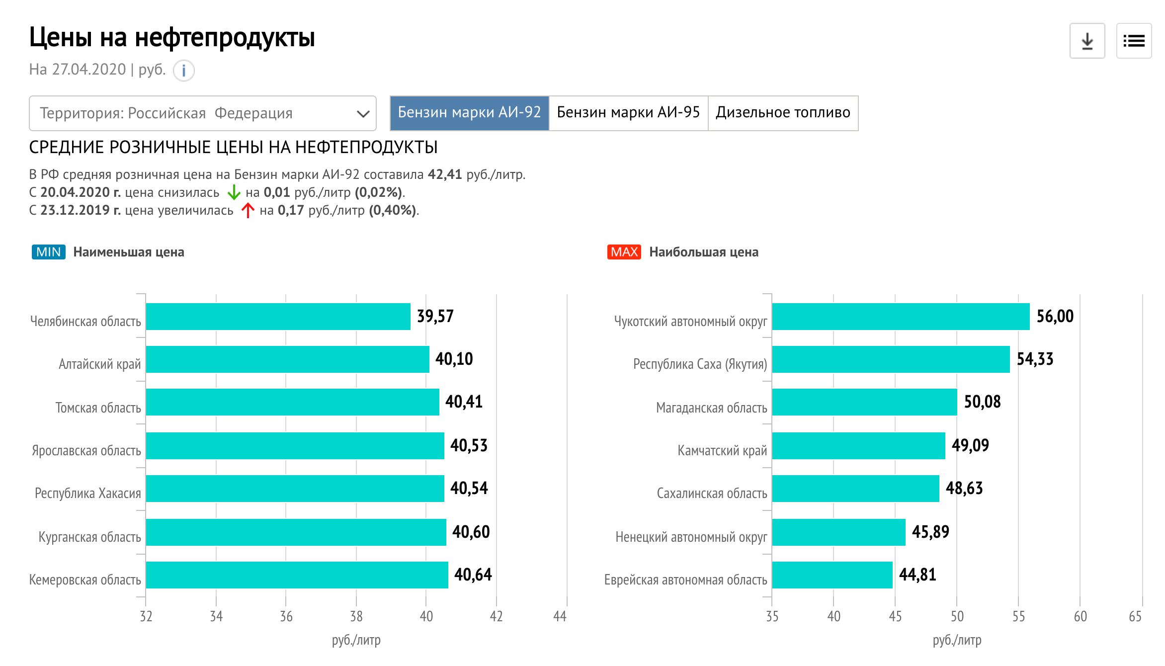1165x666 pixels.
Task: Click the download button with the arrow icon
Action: pyautogui.click(x=1087, y=41)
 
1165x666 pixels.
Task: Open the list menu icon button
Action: pyautogui.click(x=1134, y=41)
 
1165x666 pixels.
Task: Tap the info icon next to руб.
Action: pyautogui.click(x=183, y=71)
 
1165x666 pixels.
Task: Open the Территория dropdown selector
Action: pyautogui.click(x=202, y=113)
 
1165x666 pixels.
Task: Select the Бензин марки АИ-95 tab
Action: pyautogui.click(x=628, y=113)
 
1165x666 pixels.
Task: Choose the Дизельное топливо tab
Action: pyautogui.click(x=783, y=113)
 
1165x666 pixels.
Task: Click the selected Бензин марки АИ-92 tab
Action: pyautogui.click(x=469, y=113)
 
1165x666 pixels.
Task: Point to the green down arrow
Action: pyautogui.click(x=234, y=192)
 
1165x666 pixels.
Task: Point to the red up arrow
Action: pyautogui.click(x=248, y=210)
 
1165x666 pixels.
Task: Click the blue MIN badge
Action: pyautogui.click(x=48, y=252)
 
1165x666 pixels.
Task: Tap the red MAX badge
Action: pyautogui.click(x=624, y=252)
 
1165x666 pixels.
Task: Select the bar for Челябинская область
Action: pyautogui.click(x=278, y=317)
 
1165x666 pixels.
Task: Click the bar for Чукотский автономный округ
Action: pyautogui.click(x=901, y=317)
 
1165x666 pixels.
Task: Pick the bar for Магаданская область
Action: pyautogui.click(x=864, y=402)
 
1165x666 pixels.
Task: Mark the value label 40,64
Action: pyautogui.click(x=473, y=575)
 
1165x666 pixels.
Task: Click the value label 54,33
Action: pyautogui.click(x=1035, y=359)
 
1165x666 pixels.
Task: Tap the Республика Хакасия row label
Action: pyautogui.click(x=88, y=493)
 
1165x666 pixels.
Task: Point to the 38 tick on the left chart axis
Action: pyautogui.click(x=356, y=616)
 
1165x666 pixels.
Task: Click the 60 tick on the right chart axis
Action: pyautogui.click(x=1080, y=616)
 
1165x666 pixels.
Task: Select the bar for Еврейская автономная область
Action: pyautogui.click(x=832, y=575)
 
